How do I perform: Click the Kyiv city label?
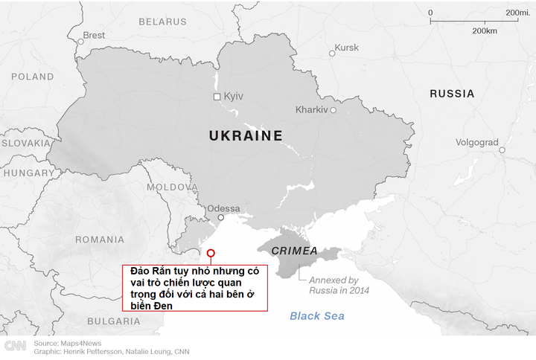coord(234,97)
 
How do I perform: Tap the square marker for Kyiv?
coord(217,97)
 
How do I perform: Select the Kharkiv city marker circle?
coord(333,110)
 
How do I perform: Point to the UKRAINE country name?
coord(246,136)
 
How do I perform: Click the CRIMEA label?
coord(295,251)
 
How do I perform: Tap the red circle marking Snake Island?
coord(211,253)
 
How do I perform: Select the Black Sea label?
coord(317,316)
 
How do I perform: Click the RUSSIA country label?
coord(452,94)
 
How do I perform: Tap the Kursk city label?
coord(347,48)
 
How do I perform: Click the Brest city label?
coord(94,35)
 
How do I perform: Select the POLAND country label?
coord(32,77)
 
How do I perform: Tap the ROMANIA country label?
coord(100,240)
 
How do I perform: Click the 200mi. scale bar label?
coord(517,13)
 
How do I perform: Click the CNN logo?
coord(15,346)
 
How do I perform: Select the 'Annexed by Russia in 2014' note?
coord(335,285)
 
